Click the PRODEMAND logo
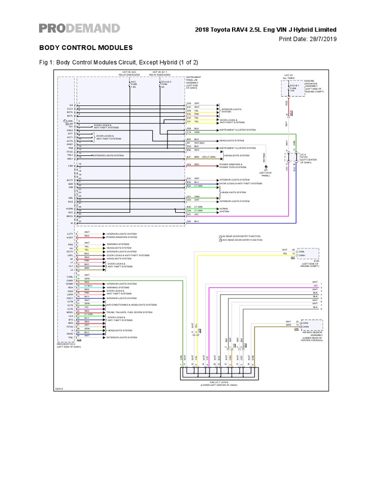(x=79, y=28)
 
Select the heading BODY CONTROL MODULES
(x=86, y=48)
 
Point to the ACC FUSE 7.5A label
(x=134, y=84)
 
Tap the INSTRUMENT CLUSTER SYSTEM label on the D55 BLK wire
(x=237, y=130)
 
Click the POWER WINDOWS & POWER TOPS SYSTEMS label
(x=233, y=166)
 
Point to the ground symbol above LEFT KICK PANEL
(x=266, y=167)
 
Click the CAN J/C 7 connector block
(x=217, y=374)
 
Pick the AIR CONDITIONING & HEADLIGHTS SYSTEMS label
(x=132, y=304)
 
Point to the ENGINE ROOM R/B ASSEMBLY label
(x=314, y=86)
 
